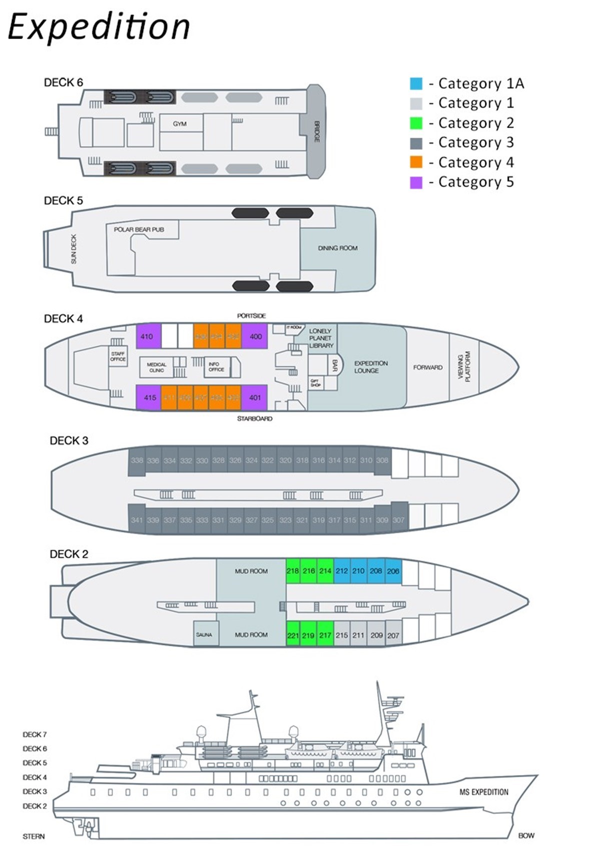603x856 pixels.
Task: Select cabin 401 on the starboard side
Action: point(255,398)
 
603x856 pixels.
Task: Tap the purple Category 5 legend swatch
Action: point(416,182)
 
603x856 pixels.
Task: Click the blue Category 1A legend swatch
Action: point(416,84)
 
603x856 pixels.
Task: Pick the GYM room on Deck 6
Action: point(180,124)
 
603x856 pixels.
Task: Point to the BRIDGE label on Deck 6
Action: point(316,131)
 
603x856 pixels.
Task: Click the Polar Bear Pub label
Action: point(139,230)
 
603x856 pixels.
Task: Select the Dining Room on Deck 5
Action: point(338,248)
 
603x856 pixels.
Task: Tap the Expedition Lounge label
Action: point(371,367)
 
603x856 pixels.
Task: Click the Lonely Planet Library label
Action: point(321,338)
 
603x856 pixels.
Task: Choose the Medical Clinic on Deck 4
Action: point(157,367)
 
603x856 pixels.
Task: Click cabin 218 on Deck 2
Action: point(293,571)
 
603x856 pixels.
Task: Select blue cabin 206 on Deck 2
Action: point(393,571)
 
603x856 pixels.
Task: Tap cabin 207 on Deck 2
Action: point(393,635)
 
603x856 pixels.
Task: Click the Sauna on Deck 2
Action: point(204,635)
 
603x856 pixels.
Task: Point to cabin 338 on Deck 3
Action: point(137,461)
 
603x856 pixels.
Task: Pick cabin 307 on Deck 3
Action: point(398,520)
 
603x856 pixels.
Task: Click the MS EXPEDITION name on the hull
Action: point(483,792)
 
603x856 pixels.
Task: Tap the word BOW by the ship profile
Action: point(526,835)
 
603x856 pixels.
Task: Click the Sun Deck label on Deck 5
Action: point(74,249)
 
